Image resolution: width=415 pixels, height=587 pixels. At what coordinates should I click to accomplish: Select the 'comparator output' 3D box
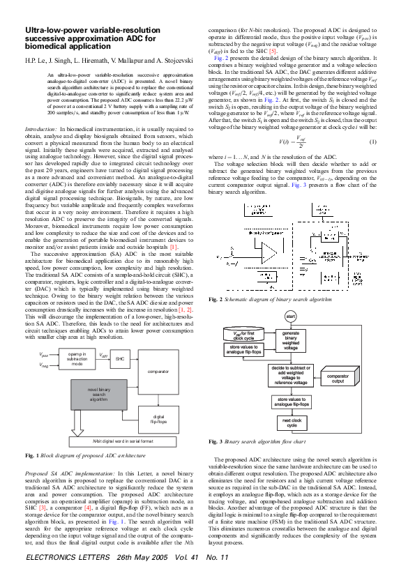click(338, 379)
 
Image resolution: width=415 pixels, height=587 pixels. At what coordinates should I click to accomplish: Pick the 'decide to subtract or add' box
click(292, 375)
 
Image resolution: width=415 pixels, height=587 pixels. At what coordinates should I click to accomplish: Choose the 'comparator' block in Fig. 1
click(167, 372)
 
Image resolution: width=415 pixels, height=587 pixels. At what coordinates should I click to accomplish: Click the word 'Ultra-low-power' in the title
click(53, 31)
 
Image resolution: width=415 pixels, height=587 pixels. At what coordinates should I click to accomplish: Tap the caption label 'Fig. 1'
click(31, 455)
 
